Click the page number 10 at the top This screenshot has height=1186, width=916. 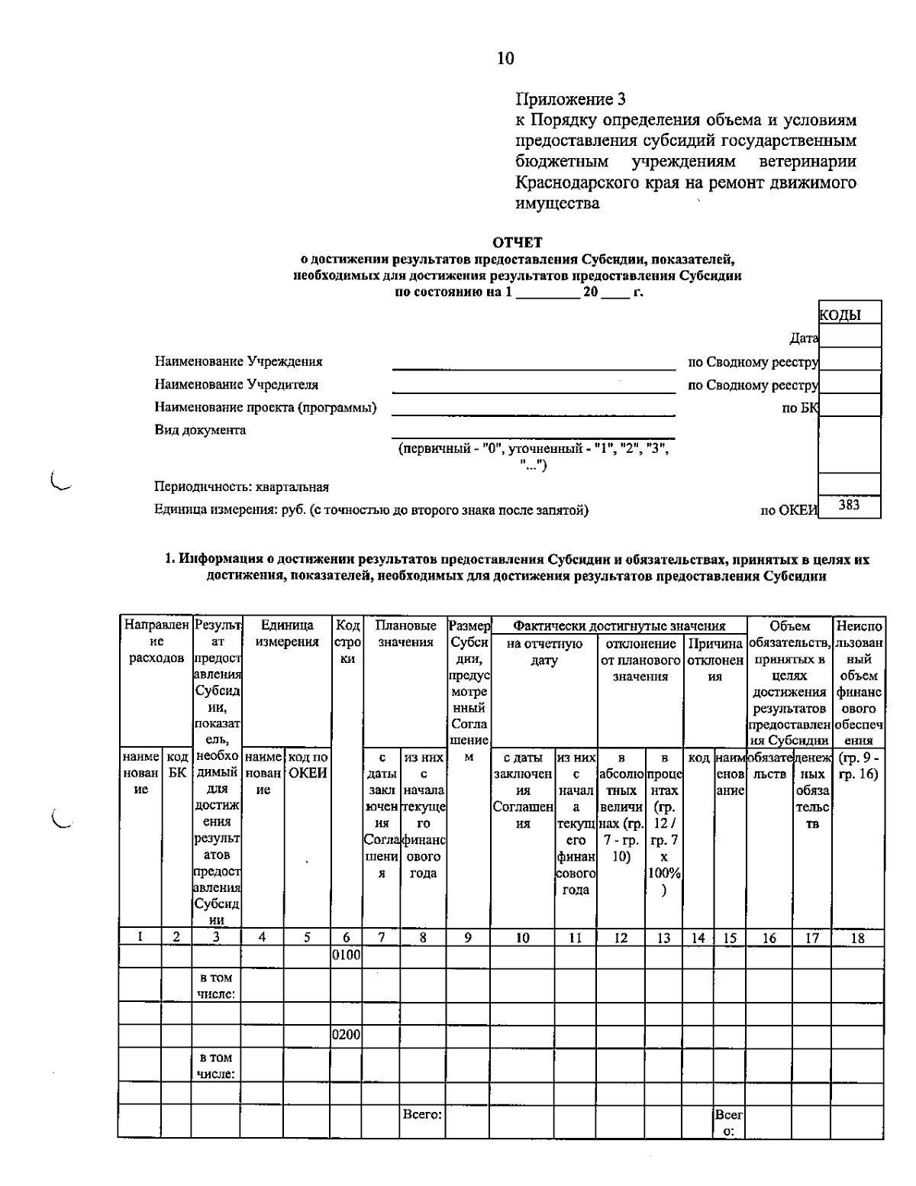tap(505, 59)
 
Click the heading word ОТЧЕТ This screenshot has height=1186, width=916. tap(518, 243)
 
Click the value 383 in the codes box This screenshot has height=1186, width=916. tap(849, 505)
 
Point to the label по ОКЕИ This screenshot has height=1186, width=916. tap(788, 511)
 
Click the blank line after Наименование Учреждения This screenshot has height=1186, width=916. tap(533, 363)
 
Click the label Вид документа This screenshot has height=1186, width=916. tap(200, 430)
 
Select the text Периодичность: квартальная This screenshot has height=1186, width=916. tap(241, 486)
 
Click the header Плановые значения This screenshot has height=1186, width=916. tap(405, 634)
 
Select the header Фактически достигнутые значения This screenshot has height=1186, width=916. tap(618, 626)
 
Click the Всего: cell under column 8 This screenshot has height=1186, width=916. tap(422, 1114)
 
